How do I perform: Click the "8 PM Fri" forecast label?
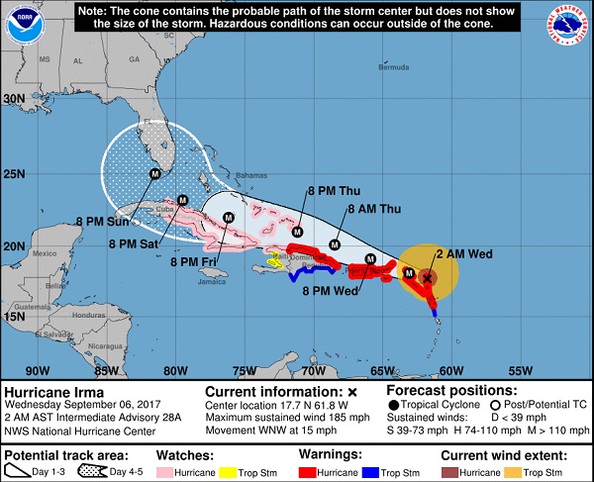pos(195,261)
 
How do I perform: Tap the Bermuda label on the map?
pos(394,67)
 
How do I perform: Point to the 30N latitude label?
pos(14,99)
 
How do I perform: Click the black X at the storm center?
pos(427,278)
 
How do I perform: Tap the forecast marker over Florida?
pos(154,174)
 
